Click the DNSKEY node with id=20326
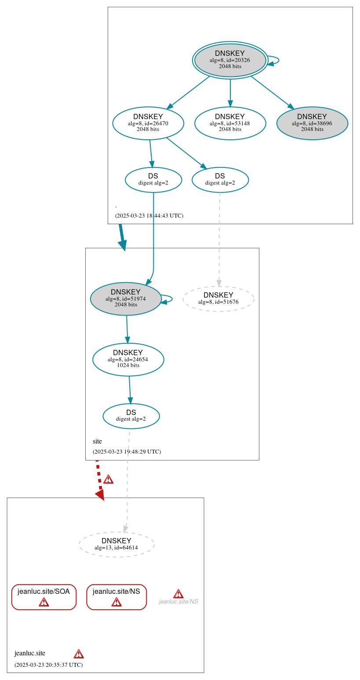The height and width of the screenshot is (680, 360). [230, 60]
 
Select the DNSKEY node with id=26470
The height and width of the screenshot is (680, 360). [148, 124]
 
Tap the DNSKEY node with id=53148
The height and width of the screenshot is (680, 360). [230, 124]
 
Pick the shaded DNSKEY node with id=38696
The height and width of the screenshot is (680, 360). [312, 124]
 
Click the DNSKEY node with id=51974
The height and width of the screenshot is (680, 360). [126, 299]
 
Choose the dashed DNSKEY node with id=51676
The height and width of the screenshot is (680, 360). [218, 299]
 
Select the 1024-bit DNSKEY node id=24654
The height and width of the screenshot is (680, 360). [128, 360]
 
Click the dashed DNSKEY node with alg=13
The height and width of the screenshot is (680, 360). [116, 545]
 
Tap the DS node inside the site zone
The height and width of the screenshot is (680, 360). [131, 416]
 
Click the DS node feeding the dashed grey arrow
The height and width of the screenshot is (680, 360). [220, 180]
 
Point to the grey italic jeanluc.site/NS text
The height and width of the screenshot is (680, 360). [178, 602]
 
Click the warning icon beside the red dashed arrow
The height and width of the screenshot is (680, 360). [108, 480]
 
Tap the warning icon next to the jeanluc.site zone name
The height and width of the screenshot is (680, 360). [79, 654]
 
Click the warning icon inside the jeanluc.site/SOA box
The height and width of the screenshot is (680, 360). [44, 602]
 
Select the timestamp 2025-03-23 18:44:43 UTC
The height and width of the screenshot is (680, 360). [149, 216]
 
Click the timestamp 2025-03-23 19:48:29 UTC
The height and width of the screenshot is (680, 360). [127, 452]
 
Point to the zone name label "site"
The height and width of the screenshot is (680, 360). [97, 441]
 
